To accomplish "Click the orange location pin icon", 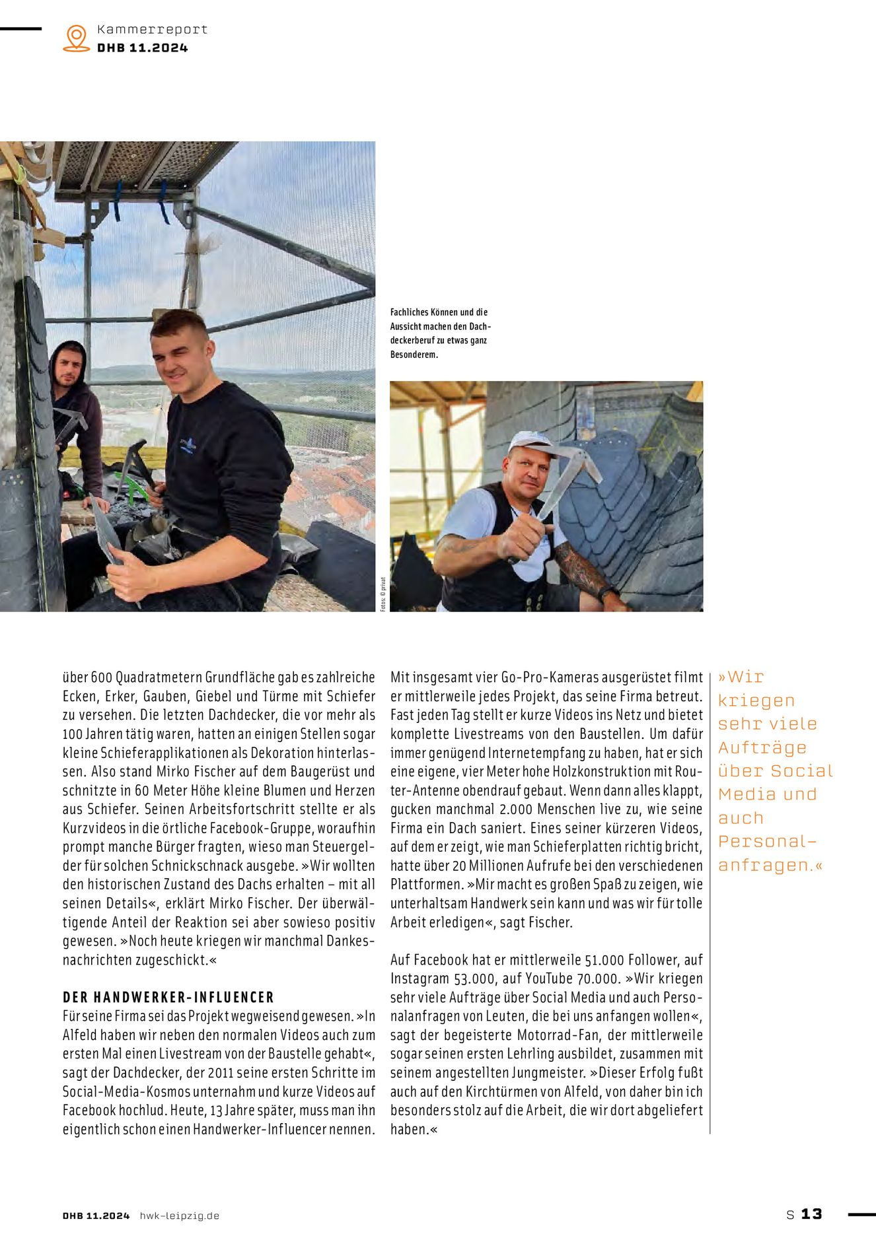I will (76, 38).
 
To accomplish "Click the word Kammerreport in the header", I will (152, 29).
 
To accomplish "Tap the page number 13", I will (811, 1214).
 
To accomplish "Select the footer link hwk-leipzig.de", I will (179, 1216).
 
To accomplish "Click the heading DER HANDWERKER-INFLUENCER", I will (168, 997).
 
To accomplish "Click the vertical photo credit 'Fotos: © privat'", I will (383, 594).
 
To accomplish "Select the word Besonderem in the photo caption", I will (414, 355).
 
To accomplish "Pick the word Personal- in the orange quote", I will (767, 841).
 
